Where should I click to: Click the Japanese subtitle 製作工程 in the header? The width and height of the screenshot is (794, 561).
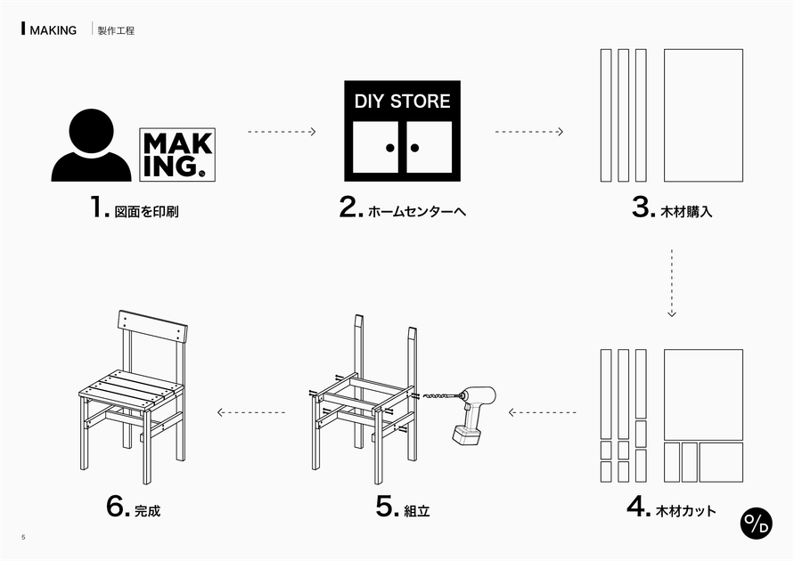(x=116, y=30)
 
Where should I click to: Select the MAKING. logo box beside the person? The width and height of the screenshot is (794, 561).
(x=176, y=157)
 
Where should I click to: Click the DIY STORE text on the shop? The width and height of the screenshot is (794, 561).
(x=402, y=102)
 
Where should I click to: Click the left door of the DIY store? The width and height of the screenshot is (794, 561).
(x=376, y=147)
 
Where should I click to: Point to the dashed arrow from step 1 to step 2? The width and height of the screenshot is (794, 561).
(x=282, y=132)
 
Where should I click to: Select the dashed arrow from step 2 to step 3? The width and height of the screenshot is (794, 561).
(x=529, y=132)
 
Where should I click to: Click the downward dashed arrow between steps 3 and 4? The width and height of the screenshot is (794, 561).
(x=672, y=283)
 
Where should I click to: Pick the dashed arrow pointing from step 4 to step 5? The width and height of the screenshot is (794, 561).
(x=543, y=411)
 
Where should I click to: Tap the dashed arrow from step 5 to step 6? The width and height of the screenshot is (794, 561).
(x=251, y=411)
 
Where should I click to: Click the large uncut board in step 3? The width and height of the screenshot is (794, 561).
(x=703, y=115)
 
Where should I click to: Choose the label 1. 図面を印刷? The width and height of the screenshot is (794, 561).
(x=141, y=209)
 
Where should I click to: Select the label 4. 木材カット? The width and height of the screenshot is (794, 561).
(x=671, y=508)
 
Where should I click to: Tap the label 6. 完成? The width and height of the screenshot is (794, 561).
(x=134, y=508)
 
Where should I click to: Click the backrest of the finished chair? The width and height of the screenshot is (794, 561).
(x=152, y=327)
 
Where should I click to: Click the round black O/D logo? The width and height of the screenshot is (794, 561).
(x=757, y=523)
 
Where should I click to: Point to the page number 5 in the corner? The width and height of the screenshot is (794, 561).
(x=23, y=537)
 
